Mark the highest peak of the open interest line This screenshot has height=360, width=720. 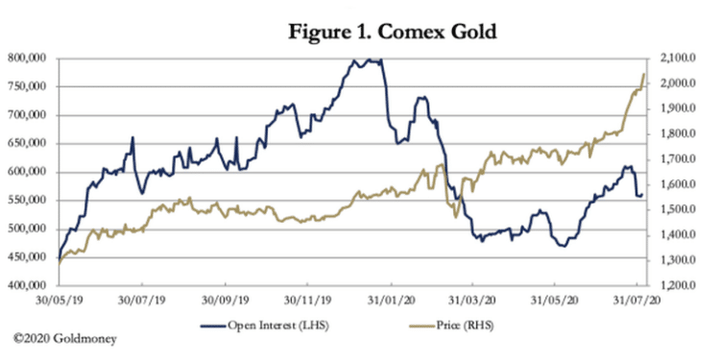pos(354,60)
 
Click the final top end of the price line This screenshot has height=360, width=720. pos(643,74)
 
